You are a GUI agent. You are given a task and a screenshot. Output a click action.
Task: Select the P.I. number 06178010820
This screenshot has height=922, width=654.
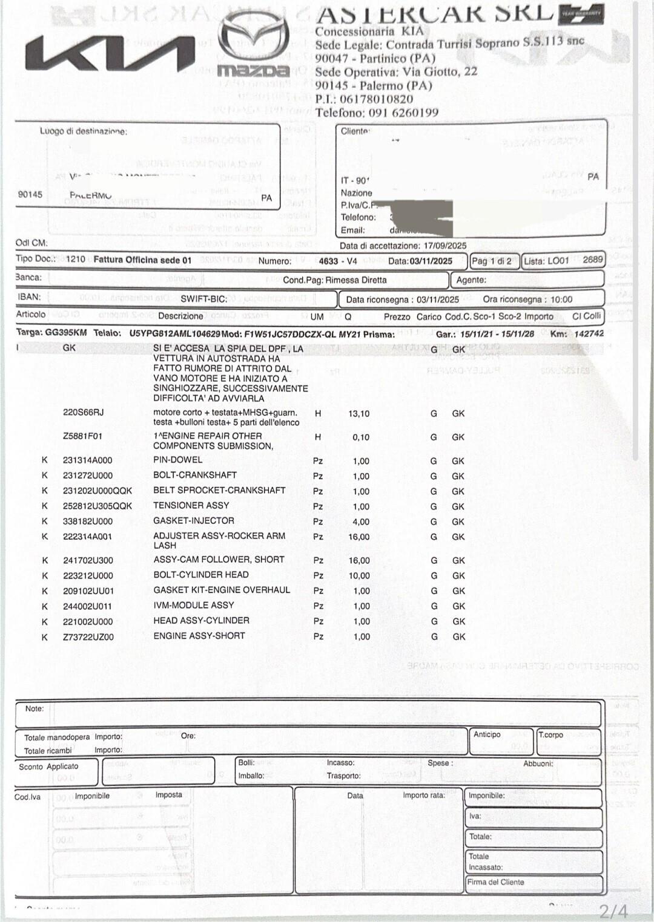[376, 99]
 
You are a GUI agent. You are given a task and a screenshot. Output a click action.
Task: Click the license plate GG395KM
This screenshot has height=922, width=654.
[66, 333]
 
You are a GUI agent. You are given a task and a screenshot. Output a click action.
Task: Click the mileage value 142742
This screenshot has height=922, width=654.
[589, 333]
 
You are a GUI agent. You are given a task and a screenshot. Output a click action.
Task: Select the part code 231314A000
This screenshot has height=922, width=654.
[88, 460]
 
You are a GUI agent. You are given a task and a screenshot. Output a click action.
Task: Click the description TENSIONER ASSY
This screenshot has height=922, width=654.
[191, 505]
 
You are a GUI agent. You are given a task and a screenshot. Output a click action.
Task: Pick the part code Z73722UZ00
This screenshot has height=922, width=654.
[88, 637]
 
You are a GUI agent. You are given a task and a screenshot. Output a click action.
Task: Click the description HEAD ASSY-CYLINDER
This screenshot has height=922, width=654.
[201, 621]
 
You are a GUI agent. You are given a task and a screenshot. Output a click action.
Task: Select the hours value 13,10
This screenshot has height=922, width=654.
[359, 414]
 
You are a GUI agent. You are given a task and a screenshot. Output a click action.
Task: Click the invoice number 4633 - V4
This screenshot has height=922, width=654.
[338, 261]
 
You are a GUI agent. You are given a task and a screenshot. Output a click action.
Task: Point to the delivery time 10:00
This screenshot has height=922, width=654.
[561, 299]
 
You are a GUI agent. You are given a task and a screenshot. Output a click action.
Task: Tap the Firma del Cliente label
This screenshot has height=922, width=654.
[496, 882]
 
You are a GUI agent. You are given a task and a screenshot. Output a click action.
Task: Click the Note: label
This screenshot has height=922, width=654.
[35, 709]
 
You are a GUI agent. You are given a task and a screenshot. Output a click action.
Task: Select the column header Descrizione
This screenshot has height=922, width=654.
[180, 316]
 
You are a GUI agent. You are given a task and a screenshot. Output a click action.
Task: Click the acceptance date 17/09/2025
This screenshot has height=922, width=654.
[445, 246]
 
